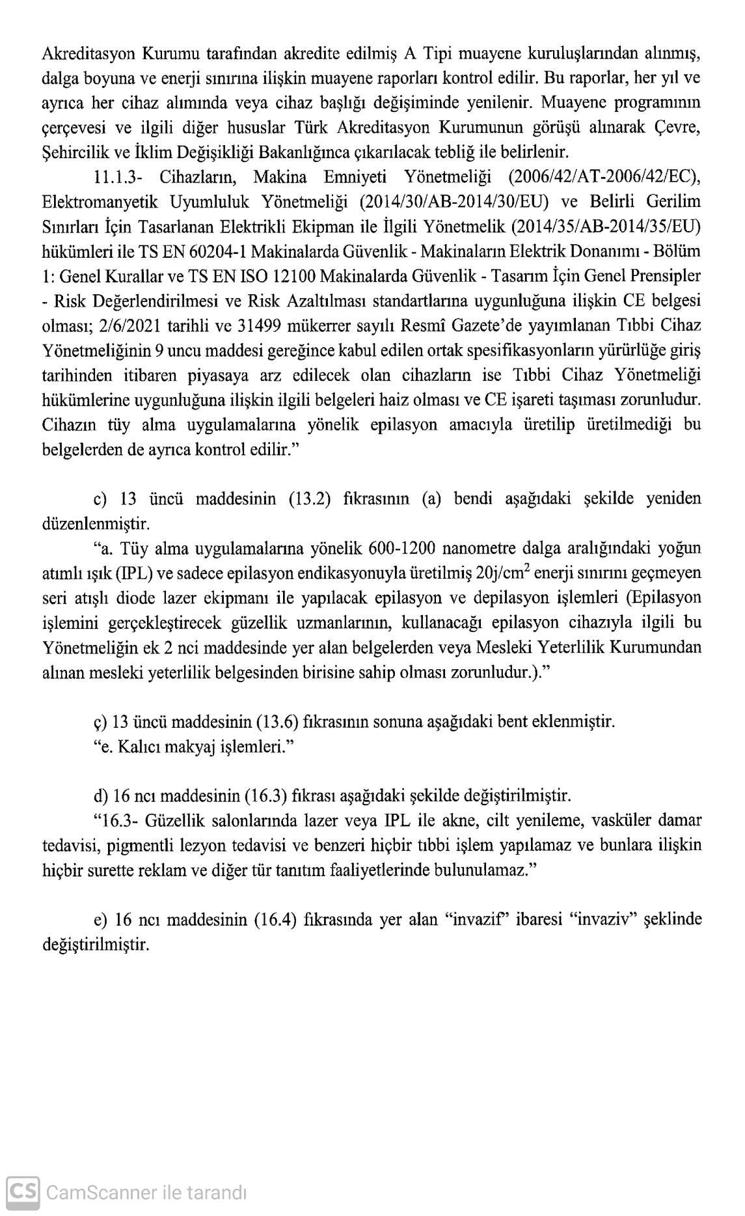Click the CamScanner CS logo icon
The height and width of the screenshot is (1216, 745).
coord(23,1192)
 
